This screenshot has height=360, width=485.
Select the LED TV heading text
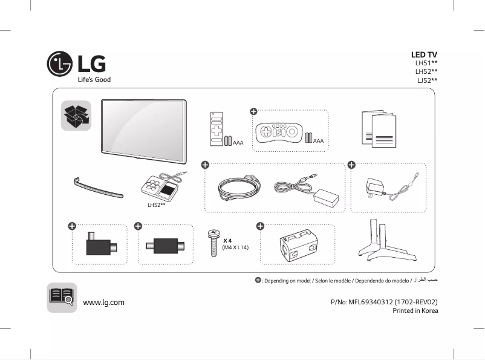(424, 54)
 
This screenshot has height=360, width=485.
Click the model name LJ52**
(426, 80)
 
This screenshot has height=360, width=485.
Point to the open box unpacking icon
(76, 116)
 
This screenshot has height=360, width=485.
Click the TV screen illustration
(143, 131)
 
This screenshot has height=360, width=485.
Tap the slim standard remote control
(216, 129)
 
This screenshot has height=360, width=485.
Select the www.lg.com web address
(103, 302)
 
